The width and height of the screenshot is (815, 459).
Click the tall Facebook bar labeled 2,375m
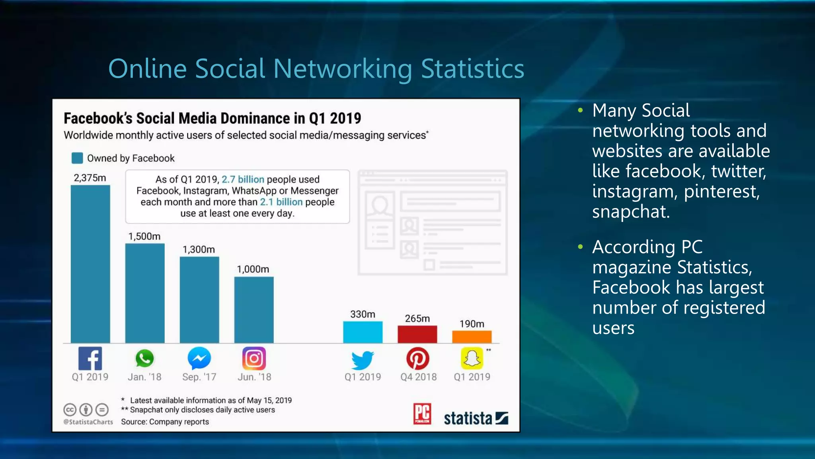[x=90, y=264]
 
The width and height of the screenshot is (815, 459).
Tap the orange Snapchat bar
[x=472, y=337]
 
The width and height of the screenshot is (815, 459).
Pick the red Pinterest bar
[x=417, y=334]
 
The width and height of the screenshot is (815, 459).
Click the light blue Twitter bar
[x=363, y=332]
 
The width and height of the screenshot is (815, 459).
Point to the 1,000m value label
[x=253, y=269]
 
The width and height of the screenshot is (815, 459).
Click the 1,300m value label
[x=199, y=250]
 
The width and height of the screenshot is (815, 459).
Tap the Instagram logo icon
[x=254, y=359]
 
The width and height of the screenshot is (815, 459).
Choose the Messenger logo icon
[x=199, y=359]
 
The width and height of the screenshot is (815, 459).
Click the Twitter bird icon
[x=363, y=360]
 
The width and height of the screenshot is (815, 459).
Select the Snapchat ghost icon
[x=472, y=358]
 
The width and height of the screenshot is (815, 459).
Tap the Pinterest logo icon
[x=417, y=359]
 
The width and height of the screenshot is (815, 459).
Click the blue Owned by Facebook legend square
[x=77, y=158]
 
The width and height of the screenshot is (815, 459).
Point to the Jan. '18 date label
[x=144, y=377]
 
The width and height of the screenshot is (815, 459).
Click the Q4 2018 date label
[x=418, y=377]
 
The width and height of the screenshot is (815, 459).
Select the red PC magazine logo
[x=422, y=414]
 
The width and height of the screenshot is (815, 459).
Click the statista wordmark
[x=468, y=418]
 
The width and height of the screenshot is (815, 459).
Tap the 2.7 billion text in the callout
[x=243, y=179]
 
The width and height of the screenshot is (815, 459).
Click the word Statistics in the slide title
[x=472, y=69]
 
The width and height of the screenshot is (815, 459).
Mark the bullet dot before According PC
[x=580, y=247]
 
